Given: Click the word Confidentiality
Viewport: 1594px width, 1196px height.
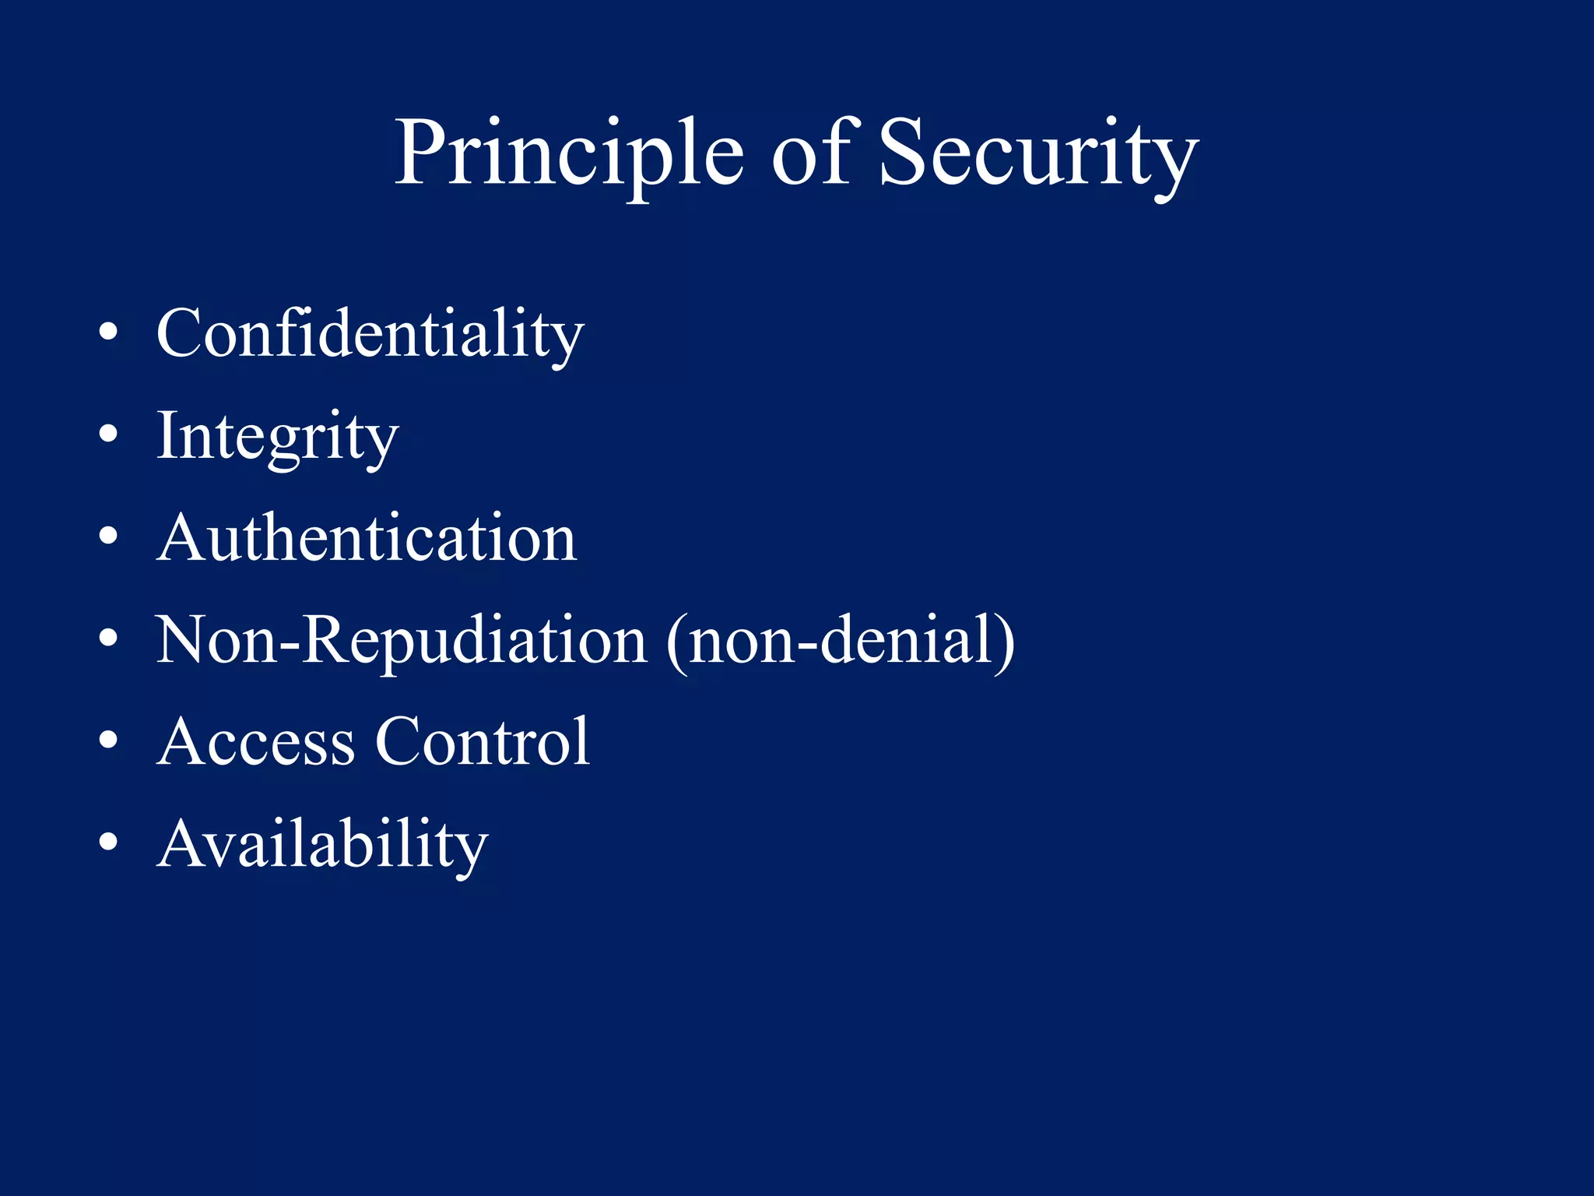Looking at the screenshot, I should click(370, 333).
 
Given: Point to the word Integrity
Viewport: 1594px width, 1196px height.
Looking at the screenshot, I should click(277, 436).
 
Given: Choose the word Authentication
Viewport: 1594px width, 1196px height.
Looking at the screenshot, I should click(367, 538).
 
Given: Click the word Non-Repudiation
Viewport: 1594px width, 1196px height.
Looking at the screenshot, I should click(401, 640).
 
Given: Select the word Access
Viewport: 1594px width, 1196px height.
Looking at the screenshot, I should click(256, 742).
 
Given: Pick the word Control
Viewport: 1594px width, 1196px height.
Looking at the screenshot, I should click(483, 742).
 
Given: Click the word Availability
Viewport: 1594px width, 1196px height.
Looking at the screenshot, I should click(322, 844).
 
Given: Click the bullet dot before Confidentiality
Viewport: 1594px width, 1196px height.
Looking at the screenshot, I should click(108, 334).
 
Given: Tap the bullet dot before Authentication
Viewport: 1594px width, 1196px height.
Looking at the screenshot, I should click(108, 536).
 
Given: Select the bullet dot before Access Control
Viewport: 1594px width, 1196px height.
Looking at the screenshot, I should click(108, 740).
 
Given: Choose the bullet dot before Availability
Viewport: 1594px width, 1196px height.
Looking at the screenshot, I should click(108, 842).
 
